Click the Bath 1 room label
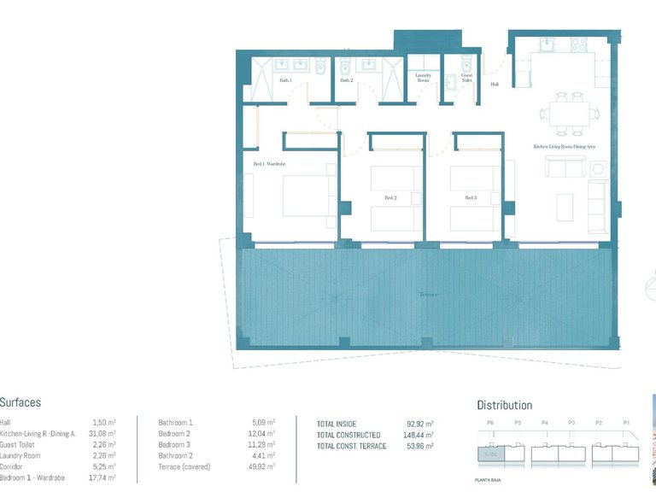click(x=285, y=80)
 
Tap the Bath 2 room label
click(x=346, y=80)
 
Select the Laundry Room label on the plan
click(x=424, y=78)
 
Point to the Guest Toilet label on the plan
click(x=467, y=78)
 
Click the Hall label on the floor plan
click(x=495, y=84)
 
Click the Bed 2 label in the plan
click(x=389, y=197)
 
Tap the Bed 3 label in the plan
click(x=470, y=197)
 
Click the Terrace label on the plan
click(x=428, y=295)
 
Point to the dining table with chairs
click(x=565, y=112)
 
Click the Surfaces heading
click(x=20, y=402)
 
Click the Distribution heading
click(x=504, y=405)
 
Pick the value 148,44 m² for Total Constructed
click(x=419, y=435)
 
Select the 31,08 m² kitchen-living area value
click(x=102, y=434)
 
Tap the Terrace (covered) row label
click(x=184, y=466)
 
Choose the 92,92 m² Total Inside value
click(x=419, y=424)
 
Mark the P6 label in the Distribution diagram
click(x=489, y=422)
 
